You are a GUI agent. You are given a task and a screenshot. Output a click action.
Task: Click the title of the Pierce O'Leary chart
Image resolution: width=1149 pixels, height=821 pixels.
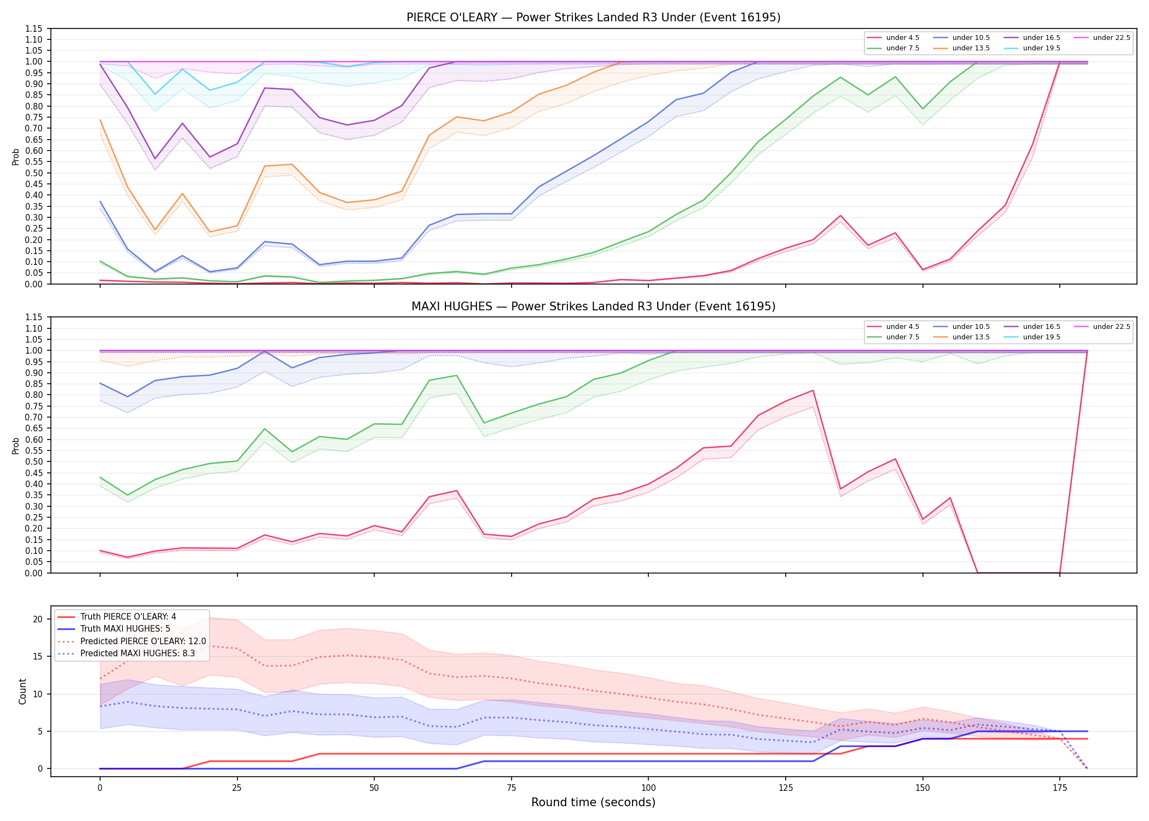click(593, 18)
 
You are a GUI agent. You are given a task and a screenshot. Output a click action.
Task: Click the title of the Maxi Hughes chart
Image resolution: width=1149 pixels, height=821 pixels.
click(593, 307)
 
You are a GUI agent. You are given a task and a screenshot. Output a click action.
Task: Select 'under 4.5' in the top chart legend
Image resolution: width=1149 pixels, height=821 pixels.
click(902, 38)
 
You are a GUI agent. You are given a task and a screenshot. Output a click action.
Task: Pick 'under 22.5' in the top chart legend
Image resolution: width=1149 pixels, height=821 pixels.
click(1111, 38)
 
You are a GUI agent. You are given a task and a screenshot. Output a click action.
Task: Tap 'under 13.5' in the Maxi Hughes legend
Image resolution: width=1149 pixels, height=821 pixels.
click(971, 337)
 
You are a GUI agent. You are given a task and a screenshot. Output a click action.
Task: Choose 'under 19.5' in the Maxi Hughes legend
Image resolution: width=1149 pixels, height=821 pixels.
click(1041, 337)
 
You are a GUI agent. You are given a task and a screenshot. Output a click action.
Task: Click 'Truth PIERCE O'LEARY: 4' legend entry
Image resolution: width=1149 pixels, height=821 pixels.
click(128, 617)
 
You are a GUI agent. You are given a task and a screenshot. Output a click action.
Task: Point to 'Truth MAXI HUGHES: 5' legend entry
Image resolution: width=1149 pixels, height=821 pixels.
click(125, 629)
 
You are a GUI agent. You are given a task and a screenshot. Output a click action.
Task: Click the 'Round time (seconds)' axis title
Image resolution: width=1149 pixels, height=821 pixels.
click(593, 802)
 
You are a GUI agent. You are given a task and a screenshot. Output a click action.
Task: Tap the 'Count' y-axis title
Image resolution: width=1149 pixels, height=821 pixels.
click(22, 691)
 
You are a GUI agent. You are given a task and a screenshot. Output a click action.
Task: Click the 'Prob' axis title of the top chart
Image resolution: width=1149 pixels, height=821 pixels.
click(16, 157)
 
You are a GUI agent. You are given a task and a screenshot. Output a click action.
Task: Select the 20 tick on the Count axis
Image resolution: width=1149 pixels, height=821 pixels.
click(38, 620)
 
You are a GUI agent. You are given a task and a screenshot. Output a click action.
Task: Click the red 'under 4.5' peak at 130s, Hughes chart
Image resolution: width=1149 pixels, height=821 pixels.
click(813, 390)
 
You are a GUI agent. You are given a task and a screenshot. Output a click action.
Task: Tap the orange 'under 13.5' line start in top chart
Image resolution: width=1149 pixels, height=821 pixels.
click(100, 120)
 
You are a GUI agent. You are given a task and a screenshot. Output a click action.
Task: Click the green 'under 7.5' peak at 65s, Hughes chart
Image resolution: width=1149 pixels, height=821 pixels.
click(456, 375)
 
